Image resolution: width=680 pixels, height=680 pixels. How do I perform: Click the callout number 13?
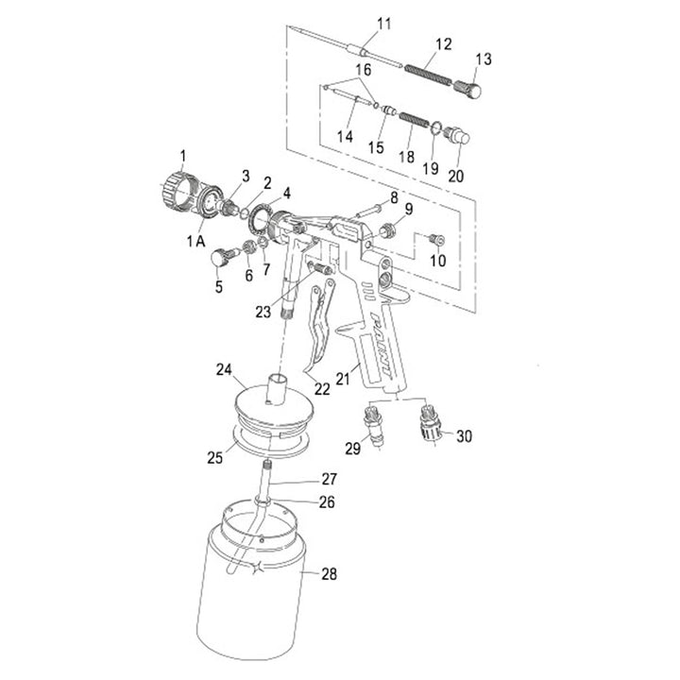point(484,59)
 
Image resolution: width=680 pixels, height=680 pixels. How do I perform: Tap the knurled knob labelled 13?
point(467,88)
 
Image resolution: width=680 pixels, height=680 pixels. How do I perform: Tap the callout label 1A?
point(196,241)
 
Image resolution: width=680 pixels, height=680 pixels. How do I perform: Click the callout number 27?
point(330,479)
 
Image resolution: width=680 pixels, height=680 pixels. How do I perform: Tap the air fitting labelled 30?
point(432,422)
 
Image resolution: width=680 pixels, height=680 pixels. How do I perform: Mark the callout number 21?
point(343,378)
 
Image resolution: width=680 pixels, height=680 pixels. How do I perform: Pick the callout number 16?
point(364,70)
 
